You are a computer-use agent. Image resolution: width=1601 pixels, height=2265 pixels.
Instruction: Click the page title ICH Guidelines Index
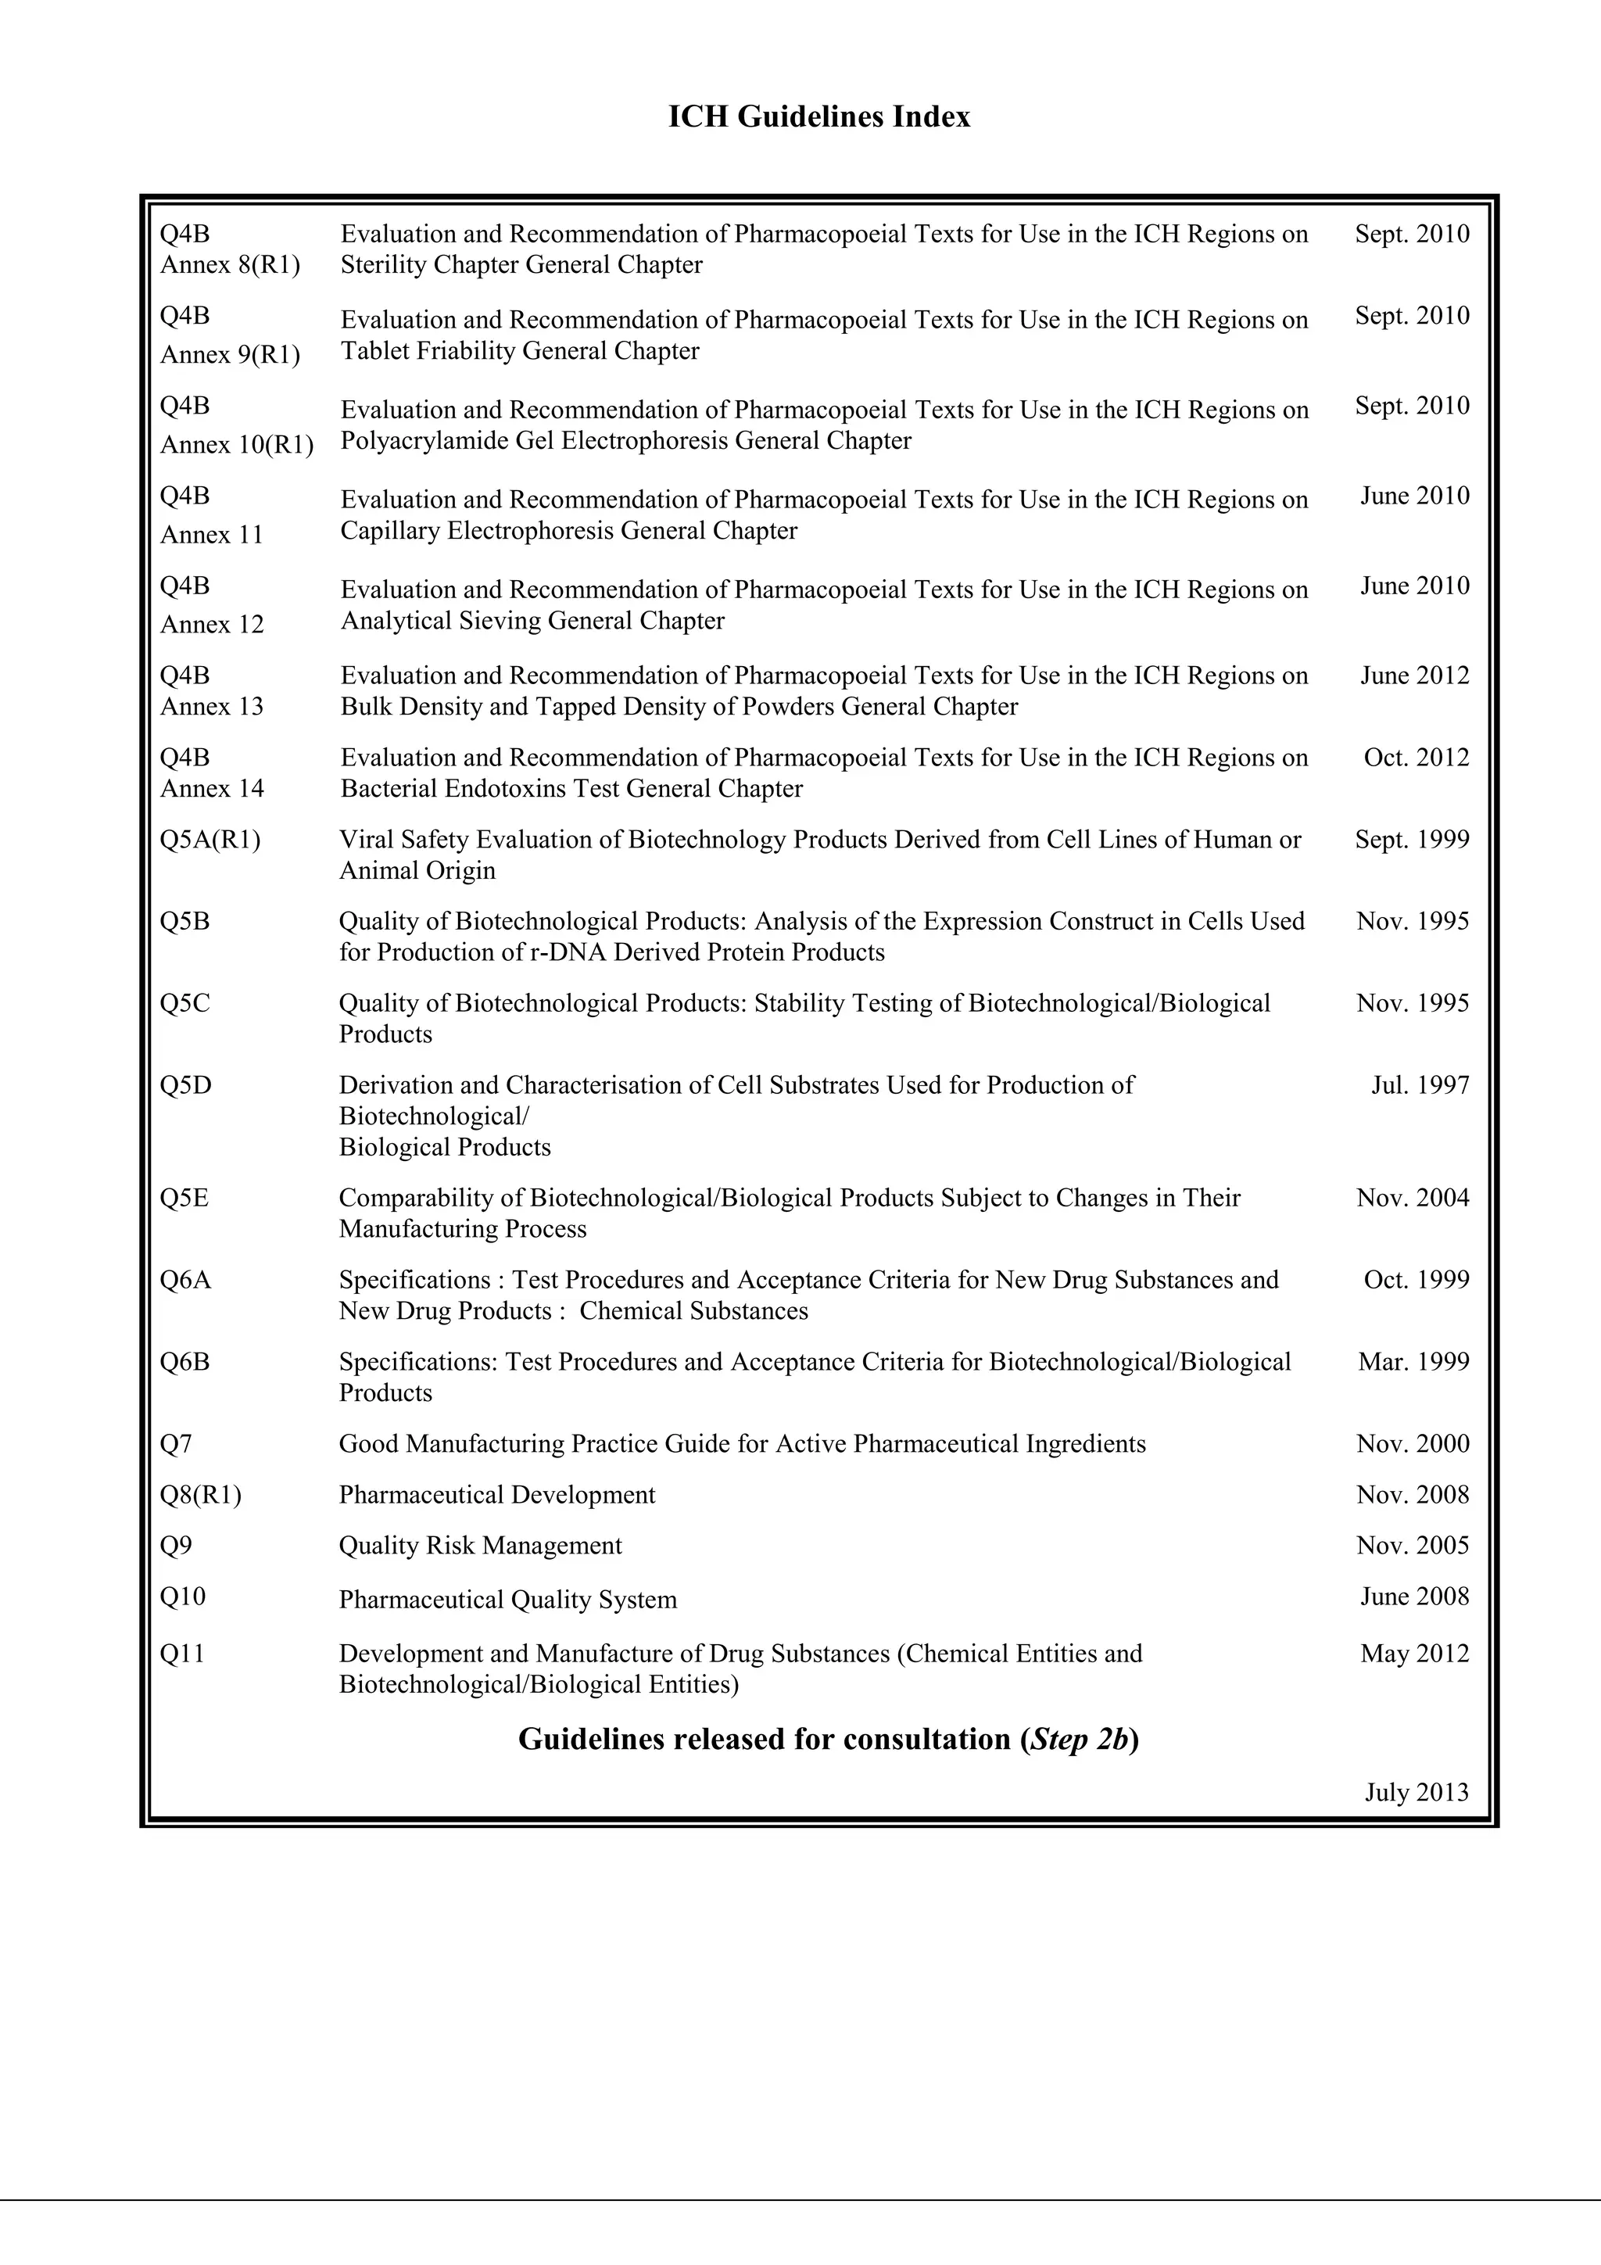point(818,117)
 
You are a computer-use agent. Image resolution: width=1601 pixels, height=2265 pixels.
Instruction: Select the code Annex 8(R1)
point(230,265)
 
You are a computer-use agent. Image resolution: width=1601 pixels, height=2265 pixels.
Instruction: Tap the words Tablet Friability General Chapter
point(520,351)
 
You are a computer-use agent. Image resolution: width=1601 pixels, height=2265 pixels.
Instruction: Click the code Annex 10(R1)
point(237,445)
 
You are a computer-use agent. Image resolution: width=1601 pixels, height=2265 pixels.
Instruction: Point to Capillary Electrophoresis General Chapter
point(568,531)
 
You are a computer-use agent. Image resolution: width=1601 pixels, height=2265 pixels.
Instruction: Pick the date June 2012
point(1415,676)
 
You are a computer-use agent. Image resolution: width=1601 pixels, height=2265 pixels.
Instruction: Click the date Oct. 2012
point(1416,758)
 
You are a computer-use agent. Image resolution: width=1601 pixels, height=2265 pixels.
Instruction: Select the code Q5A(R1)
point(210,840)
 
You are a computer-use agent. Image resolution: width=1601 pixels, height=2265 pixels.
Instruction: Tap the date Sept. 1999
point(1412,840)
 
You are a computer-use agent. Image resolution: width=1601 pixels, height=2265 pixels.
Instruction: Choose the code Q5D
point(185,1085)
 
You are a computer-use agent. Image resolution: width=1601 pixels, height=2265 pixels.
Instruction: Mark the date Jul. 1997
point(1420,1085)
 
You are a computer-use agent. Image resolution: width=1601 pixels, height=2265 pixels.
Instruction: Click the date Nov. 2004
point(1413,1198)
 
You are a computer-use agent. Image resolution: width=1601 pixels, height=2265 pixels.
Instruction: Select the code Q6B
point(184,1362)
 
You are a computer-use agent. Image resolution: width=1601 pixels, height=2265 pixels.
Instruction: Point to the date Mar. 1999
point(1413,1362)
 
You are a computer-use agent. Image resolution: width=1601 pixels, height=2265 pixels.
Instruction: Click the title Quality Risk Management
point(481,1546)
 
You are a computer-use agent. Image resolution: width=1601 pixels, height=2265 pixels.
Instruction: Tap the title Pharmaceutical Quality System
point(508,1600)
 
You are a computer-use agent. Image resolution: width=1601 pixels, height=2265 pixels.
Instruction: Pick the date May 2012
point(1415,1654)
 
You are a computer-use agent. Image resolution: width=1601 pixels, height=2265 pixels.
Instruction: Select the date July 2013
point(1417,1793)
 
